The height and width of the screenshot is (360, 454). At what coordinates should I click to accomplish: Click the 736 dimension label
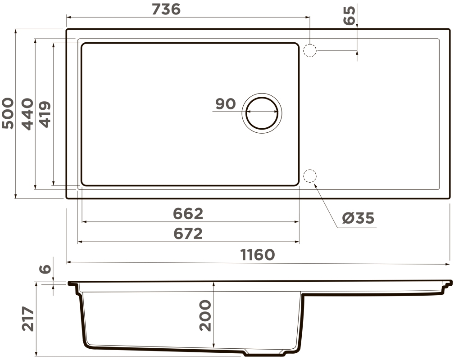pyautogui.click(x=166, y=9)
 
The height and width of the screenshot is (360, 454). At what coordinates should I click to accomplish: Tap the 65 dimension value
pyautogui.click(x=349, y=16)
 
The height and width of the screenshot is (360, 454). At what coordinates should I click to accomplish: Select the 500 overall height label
pyautogui.click(x=8, y=113)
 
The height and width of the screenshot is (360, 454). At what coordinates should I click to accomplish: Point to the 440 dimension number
pyautogui.click(x=27, y=114)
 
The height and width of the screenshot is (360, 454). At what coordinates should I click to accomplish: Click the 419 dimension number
pyautogui.click(x=45, y=114)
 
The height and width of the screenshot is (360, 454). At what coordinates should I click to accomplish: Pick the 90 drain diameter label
pyautogui.click(x=226, y=104)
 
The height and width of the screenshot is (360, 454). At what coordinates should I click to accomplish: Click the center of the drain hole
pyautogui.click(x=262, y=113)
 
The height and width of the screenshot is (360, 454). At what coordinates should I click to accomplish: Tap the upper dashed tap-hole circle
pyautogui.click(x=310, y=50)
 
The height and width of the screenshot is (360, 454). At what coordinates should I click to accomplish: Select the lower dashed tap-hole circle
pyautogui.click(x=310, y=175)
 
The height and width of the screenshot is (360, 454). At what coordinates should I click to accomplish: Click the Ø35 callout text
pyautogui.click(x=358, y=218)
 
